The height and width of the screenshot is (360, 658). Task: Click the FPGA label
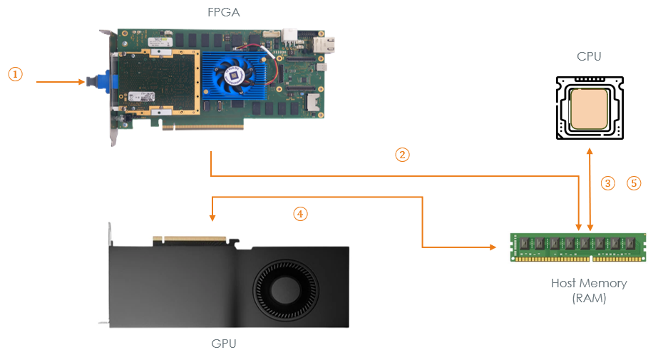tap(224, 12)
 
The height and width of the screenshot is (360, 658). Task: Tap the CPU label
tap(589, 56)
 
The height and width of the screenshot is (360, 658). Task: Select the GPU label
tap(224, 344)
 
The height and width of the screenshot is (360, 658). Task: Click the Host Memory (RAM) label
tap(589, 290)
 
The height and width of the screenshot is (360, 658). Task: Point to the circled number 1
tap(16, 74)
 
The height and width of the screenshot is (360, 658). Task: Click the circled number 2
tap(402, 155)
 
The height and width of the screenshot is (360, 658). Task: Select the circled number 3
tap(607, 183)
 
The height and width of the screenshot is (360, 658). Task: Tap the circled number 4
tap(300, 214)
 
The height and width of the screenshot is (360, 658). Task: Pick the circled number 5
tap(634, 183)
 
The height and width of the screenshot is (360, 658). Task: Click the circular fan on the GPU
tap(285, 289)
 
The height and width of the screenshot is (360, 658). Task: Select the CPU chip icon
tap(590, 108)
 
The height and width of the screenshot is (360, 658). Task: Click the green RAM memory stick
tap(578, 247)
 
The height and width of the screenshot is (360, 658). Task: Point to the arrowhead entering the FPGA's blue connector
tap(82, 82)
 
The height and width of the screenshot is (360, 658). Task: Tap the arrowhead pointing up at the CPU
tap(590, 151)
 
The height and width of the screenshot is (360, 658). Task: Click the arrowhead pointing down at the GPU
tap(212, 217)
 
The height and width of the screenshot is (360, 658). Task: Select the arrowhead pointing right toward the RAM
tap(493, 247)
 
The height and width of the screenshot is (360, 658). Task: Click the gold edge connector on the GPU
tap(190, 239)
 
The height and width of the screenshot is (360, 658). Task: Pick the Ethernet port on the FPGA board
tap(324, 45)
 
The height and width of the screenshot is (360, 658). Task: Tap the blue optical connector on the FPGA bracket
tap(101, 81)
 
